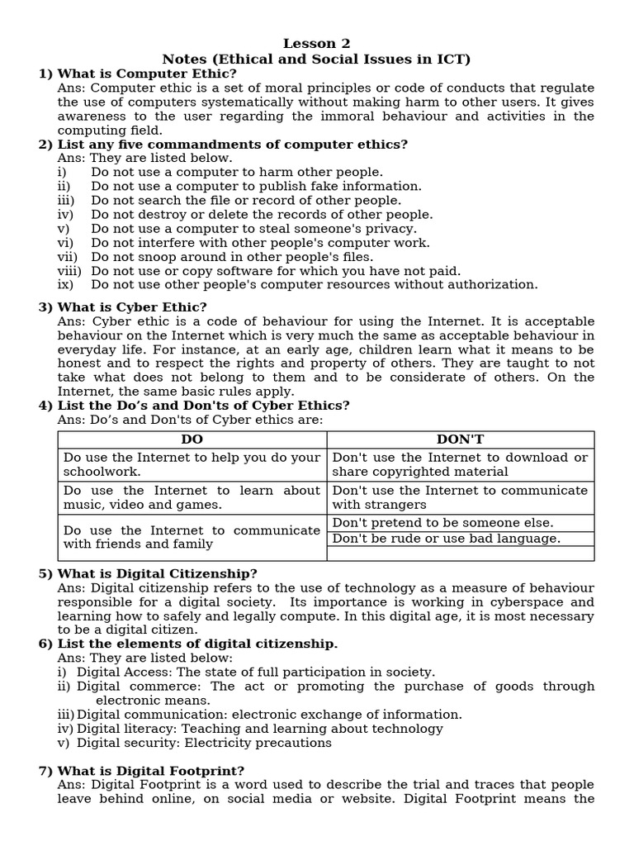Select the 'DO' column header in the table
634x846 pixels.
(192, 440)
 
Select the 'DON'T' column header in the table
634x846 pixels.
(460, 440)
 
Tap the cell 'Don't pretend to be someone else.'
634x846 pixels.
(442, 522)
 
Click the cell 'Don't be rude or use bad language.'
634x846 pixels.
(446, 538)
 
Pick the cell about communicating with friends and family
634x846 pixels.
(192, 537)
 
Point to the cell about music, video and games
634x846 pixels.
(192, 497)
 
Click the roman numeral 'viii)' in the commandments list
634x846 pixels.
(70, 270)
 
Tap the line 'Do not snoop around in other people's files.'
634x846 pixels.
(232, 256)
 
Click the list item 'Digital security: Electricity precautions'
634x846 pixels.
(204, 742)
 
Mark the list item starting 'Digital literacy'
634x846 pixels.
(259, 728)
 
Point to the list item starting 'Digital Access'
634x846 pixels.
(255, 672)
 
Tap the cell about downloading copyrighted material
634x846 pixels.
(460, 464)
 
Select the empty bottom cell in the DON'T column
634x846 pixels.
(460, 554)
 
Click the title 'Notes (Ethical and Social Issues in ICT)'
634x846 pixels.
(316, 59)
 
